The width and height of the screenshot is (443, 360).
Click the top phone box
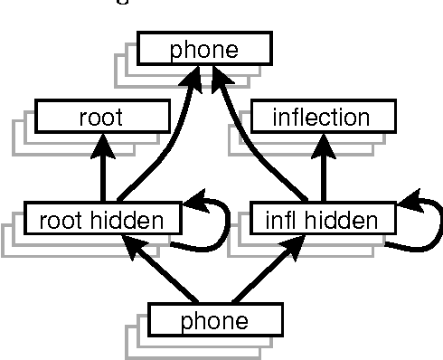pyautogui.click(x=204, y=49)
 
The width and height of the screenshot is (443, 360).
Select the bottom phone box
pyautogui.click(x=215, y=319)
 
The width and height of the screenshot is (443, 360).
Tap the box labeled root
pyautogui.click(x=101, y=117)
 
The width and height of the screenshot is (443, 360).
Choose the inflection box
pyautogui.click(x=322, y=117)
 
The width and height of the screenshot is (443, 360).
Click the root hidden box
pyautogui.click(x=102, y=218)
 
